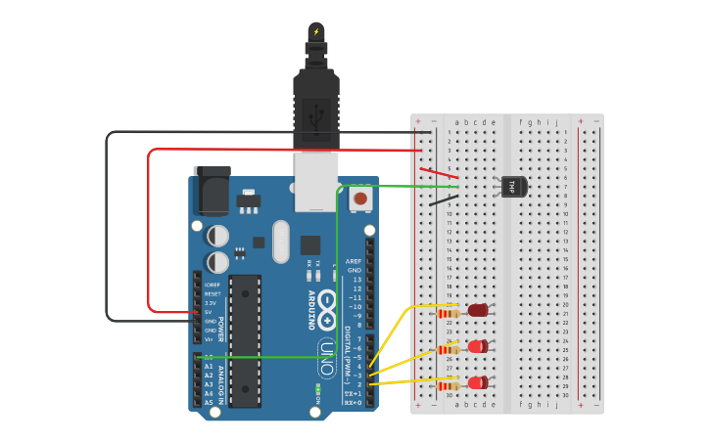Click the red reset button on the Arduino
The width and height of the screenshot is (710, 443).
[x=360, y=199]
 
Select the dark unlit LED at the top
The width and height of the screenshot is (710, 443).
[x=478, y=311]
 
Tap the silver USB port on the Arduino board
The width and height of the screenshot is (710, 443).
[x=315, y=181]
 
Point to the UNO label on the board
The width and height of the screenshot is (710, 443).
[x=327, y=356]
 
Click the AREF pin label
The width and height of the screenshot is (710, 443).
[x=354, y=262]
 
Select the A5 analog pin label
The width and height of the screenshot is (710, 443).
[x=208, y=402]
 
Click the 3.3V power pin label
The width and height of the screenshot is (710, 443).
[x=210, y=303]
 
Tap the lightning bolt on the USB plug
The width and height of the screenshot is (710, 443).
[x=315, y=31]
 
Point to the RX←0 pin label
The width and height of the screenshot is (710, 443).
[x=354, y=402]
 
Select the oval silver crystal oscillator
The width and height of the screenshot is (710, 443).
[x=282, y=241]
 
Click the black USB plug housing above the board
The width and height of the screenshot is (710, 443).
[x=315, y=108]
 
